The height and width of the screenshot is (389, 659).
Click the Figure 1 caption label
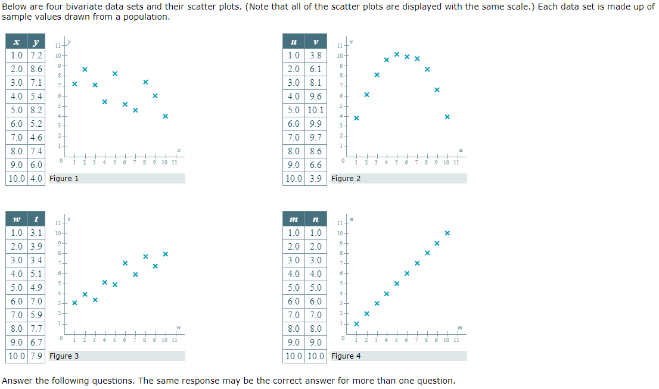click(64, 178)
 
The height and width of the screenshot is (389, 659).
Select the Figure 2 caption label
click(346, 178)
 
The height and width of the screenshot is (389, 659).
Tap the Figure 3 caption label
click(64, 356)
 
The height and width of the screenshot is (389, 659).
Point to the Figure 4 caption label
click(346, 356)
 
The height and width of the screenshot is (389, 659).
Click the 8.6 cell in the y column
click(36, 69)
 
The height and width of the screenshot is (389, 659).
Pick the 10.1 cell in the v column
click(316, 110)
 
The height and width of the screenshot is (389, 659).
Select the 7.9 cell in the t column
click(36, 356)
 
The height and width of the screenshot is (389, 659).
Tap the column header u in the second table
click(294, 42)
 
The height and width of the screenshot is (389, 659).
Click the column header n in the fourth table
click(316, 220)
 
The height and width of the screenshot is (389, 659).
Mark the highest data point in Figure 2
click(397, 54)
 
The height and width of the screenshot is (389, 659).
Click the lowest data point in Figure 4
click(356, 323)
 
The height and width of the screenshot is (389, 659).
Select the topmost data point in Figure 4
click(447, 233)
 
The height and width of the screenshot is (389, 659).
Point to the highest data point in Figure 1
click(85, 69)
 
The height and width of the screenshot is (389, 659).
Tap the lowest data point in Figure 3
click(74, 303)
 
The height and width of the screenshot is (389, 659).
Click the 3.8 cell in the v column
click(316, 55)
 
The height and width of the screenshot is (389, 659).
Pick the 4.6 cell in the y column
click(36, 138)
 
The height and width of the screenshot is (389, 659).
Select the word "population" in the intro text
click(148, 17)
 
